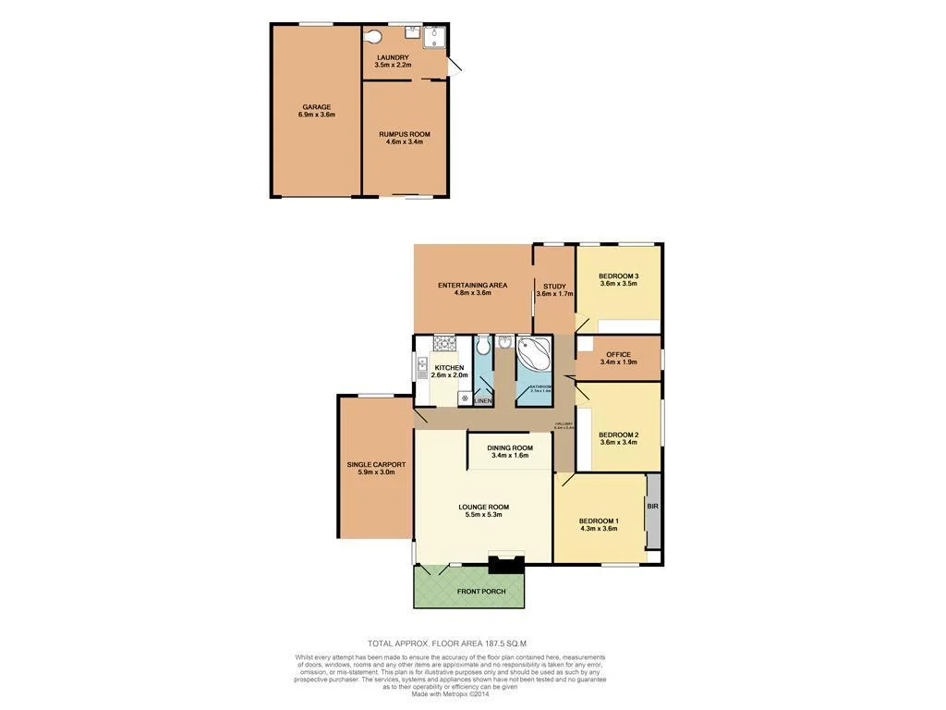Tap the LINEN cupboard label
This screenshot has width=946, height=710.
tap(482, 401)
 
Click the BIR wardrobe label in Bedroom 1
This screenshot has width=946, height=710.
tap(653, 507)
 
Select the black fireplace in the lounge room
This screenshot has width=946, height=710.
tap(505, 564)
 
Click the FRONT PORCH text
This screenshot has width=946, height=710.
tap(481, 592)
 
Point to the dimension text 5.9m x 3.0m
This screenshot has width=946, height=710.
tap(376, 472)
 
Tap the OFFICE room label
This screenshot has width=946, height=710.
tap(618, 355)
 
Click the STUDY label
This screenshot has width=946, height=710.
tap(554, 287)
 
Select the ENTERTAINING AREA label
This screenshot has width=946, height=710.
tap(472, 285)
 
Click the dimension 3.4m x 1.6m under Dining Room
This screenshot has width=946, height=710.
tap(510, 456)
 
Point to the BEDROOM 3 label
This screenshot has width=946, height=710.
tap(618, 276)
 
